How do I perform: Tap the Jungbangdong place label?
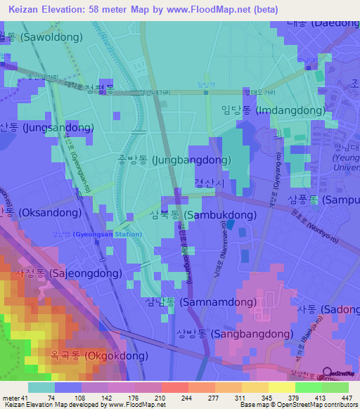click(x=174, y=160)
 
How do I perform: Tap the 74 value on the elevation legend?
click(x=51, y=397)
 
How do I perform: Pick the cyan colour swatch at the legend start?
click(x=41, y=387)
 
